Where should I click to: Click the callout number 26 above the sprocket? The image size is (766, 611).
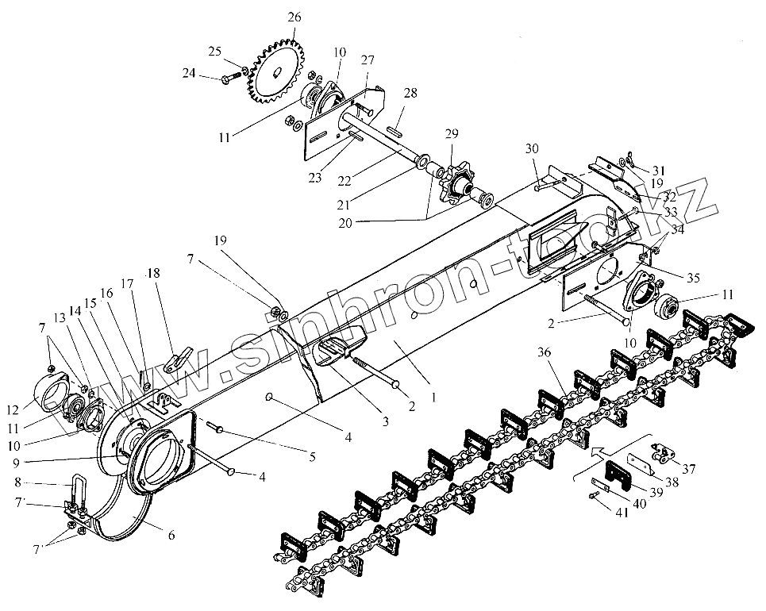[295, 17]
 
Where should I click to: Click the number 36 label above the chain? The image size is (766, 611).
[545, 352]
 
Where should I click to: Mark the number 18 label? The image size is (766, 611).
[153, 274]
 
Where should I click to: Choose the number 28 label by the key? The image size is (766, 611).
[409, 94]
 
